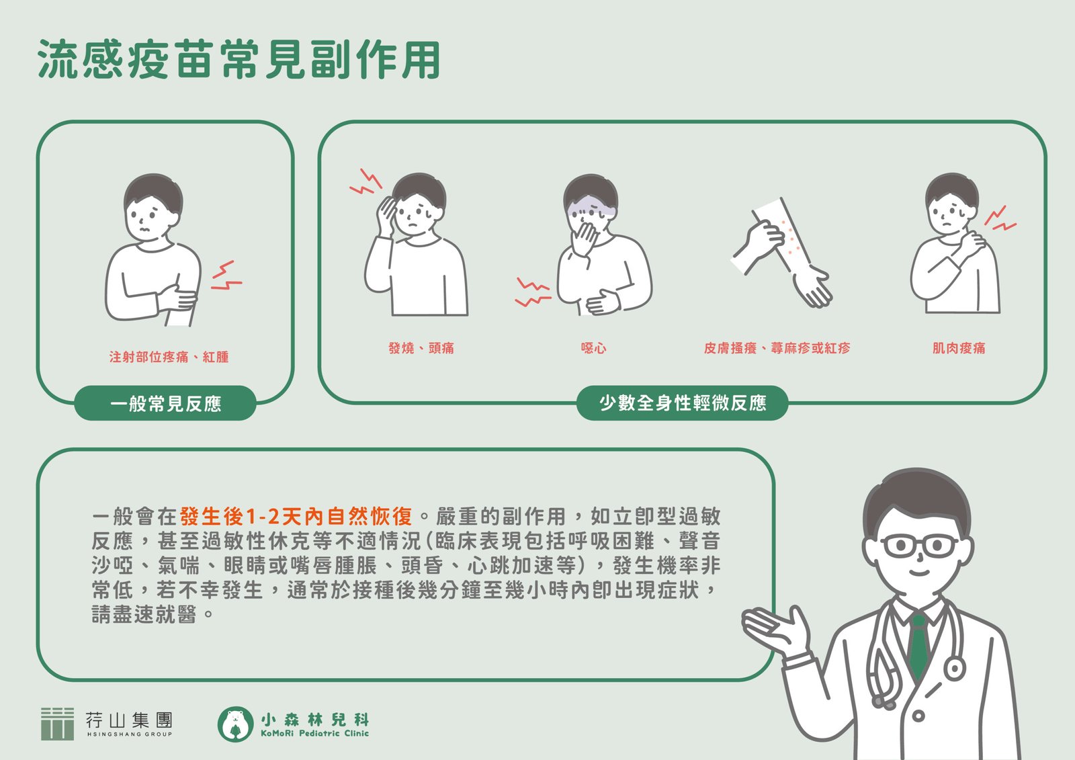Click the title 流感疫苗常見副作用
[x=239, y=59]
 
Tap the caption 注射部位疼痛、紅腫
[x=169, y=357]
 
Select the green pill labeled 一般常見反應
[x=165, y=403]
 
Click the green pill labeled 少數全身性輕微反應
[x=682, y=403]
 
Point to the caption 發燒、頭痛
[x=421, y=347]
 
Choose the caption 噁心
[x=594, y=347]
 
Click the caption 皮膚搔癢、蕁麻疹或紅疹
[x=777, y=347]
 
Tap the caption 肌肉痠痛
[x=958, y=347]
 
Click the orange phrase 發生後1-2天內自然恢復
[x=296, y=517]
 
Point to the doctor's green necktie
[x=917, y=643]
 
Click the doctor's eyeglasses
[x=919, y=546]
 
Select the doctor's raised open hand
[x=773, y=627]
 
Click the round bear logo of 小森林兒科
[x=235, y=724]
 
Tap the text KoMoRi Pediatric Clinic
[x=315, y=733]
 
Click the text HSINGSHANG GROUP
[x=130, y=734]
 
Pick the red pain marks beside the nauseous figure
[x=532, y=292]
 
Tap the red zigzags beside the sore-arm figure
[x=226, y=276]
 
